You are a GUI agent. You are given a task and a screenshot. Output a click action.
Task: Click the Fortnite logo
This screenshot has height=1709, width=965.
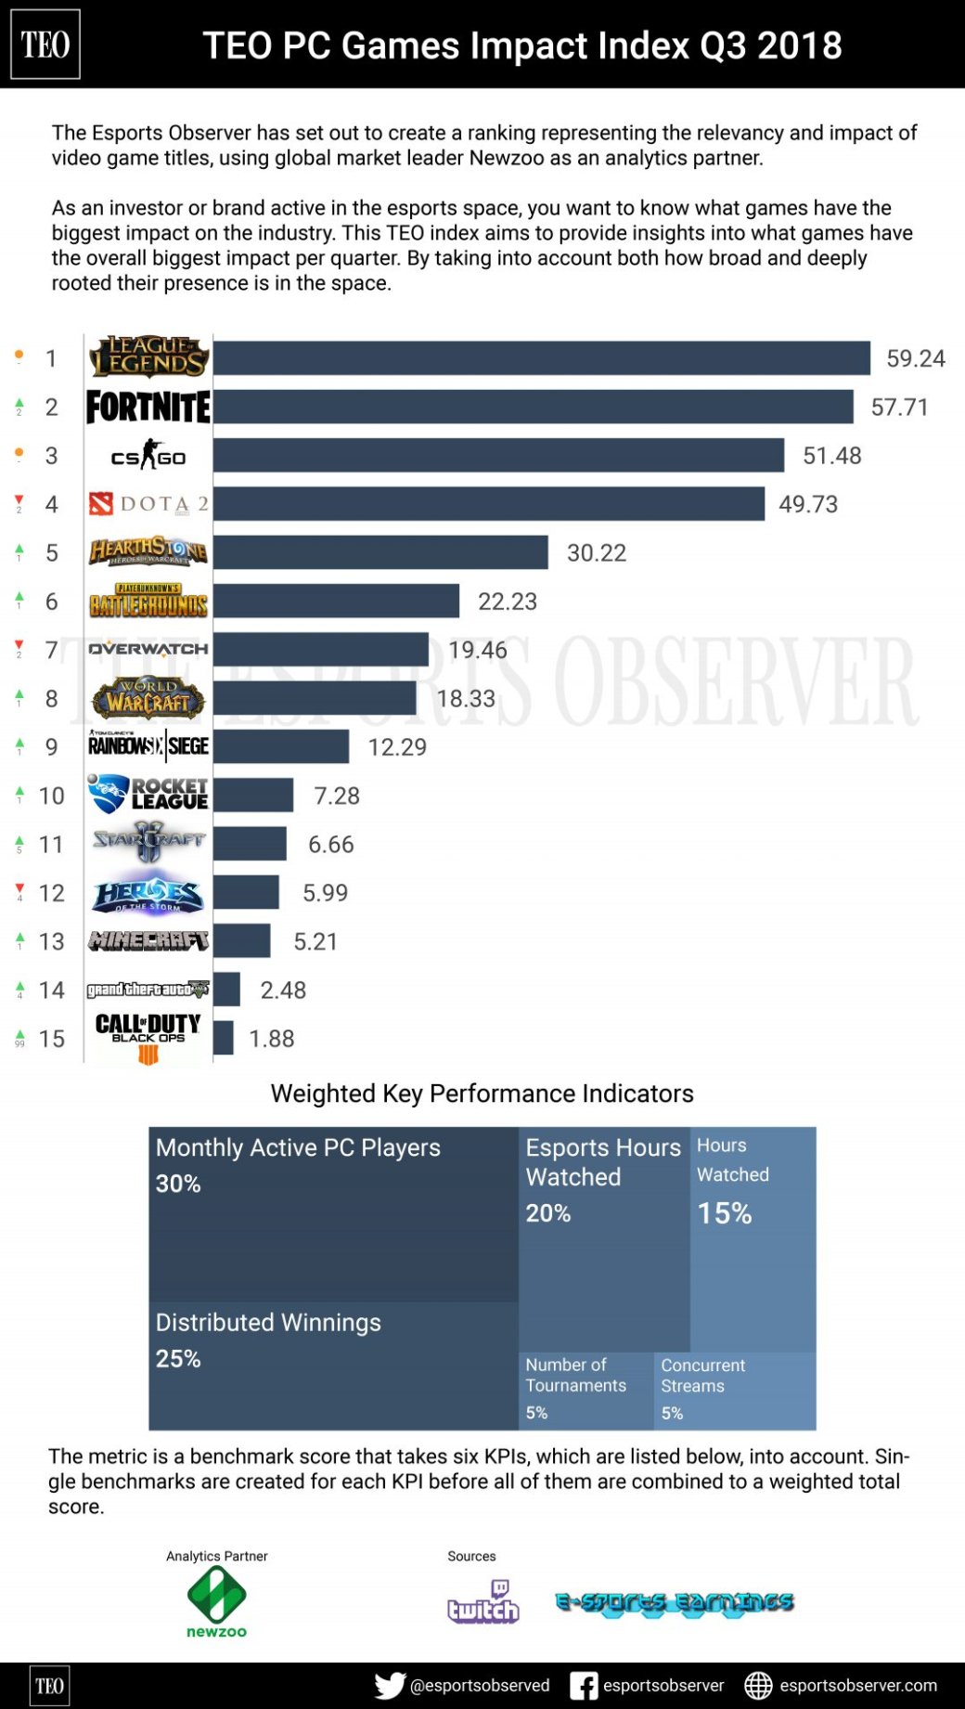(148, 408)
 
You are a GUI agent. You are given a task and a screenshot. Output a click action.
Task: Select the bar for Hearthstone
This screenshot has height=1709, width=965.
(380, 552)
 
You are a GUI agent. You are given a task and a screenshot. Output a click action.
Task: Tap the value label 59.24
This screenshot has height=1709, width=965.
(915, 358)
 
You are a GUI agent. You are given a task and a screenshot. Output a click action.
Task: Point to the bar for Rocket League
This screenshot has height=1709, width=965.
(253, 796)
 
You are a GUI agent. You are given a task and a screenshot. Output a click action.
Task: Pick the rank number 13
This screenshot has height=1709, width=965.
(52, 941)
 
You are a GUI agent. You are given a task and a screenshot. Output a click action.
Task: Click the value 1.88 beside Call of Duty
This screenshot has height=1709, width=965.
(271, 1039)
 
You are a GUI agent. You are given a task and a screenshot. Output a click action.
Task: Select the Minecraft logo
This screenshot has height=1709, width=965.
(148, 941)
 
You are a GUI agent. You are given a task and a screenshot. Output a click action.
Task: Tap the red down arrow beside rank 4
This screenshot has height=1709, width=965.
(19, 501)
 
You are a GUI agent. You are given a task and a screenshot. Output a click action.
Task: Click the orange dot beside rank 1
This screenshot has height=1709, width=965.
(19, 355)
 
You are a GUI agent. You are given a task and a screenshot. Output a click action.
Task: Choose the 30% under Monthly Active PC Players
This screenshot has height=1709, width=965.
(178, 1184)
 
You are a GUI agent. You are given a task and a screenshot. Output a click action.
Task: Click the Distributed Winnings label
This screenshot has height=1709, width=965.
(268, 1322)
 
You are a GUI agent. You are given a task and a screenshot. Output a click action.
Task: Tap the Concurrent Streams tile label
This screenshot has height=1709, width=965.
(703, 1376)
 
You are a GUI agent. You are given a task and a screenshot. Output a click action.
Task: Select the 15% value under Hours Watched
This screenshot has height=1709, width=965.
(725, 1213)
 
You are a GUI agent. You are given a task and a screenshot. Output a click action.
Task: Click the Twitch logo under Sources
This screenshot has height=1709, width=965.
(482, 1602)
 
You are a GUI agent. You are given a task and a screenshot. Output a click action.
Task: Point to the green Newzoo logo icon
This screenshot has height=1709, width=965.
(216, 1595)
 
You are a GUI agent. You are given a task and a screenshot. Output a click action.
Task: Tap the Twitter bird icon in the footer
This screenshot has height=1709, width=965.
(390, 1685)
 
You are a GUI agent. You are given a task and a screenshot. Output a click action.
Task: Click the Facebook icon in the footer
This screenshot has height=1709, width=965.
(584, 1685)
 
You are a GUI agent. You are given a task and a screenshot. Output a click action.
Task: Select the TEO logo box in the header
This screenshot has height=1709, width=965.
(45, 45)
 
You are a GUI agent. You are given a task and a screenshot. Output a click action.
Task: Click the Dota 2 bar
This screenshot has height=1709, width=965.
(489, 504)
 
